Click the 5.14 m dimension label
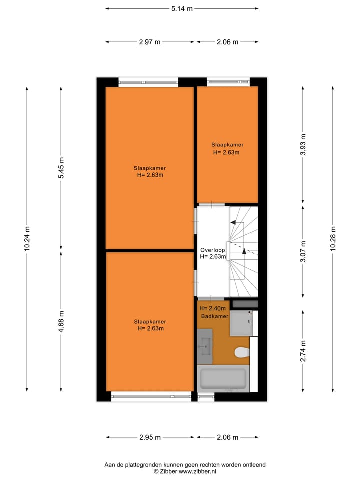click(182, 8)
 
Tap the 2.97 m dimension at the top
click(150, 42)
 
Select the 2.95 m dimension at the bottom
click(150, 437)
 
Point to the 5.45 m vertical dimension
click(61, 168)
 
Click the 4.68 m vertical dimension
click(61, 321)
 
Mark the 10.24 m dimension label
click(27, 239)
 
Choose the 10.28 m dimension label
click(333, 239)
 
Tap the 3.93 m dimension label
click(303, 145)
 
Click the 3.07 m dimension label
click(303, 251)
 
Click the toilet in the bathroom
click(242, 353)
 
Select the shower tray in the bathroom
click(242, 323)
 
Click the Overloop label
click(213, 250)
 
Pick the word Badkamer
click(215, 317)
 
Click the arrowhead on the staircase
click(244, 251)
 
